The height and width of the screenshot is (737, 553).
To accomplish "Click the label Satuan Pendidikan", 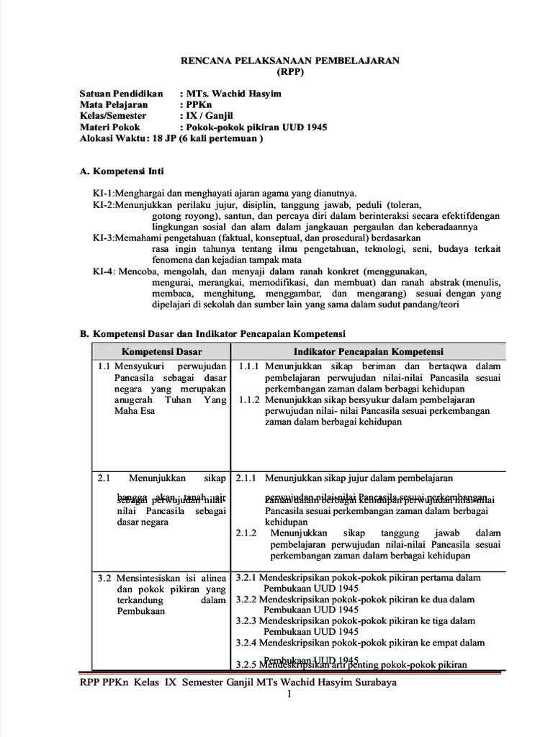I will (x=122, y=94).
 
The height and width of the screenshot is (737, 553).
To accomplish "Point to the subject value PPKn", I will (x=199, y=105).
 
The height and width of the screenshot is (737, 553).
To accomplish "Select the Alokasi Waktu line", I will (x=171, y=138).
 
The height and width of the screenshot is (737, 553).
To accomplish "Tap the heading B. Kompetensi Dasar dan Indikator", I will (x=212, y=334).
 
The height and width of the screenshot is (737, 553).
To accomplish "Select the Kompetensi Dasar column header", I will (x=162, y=351).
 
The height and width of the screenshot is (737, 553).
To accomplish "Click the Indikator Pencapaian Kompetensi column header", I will (x=368, y=351).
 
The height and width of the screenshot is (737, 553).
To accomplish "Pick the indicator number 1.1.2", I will (x=248, y=400).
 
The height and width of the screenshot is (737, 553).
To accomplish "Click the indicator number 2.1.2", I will (x=247, y=533).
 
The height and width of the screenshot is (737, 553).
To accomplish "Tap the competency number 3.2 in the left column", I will (x=104, y=577).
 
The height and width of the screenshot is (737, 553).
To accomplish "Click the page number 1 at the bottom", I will (x=289, y=695).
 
